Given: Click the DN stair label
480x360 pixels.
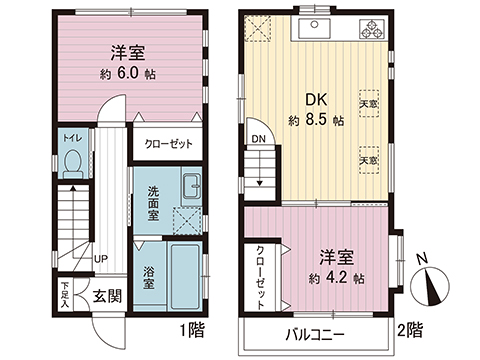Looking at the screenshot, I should pyautogui.click(x=258, y=139).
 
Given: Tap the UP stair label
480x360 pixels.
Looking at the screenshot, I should pyautogui.click(x=101, y=259).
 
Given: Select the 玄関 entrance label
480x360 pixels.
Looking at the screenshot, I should pyautogui.click(x=108, y=297).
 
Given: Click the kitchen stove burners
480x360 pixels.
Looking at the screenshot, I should pyautogui.click(x=372, y=29).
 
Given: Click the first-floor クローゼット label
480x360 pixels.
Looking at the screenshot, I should pyautogui.click(x=169, y=143).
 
